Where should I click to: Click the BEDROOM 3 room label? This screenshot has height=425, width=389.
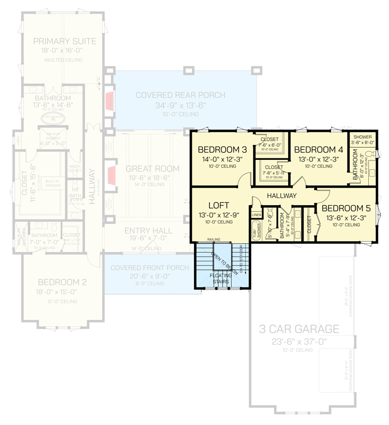[219, 149]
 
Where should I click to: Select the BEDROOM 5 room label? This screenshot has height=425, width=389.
[345, 208]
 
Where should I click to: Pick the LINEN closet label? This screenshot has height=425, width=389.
[256, 215]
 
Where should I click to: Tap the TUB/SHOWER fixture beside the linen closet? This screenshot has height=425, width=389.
[256, 232]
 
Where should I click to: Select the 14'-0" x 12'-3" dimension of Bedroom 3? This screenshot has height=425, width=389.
[219, 158]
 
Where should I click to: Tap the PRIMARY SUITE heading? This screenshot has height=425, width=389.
[64, 41]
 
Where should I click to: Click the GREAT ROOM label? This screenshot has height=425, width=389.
[153, 169]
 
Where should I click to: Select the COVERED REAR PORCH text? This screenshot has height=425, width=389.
[180, 96]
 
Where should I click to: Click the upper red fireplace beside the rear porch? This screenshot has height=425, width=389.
[109, 101]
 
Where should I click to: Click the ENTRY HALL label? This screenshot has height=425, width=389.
[148, 231]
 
